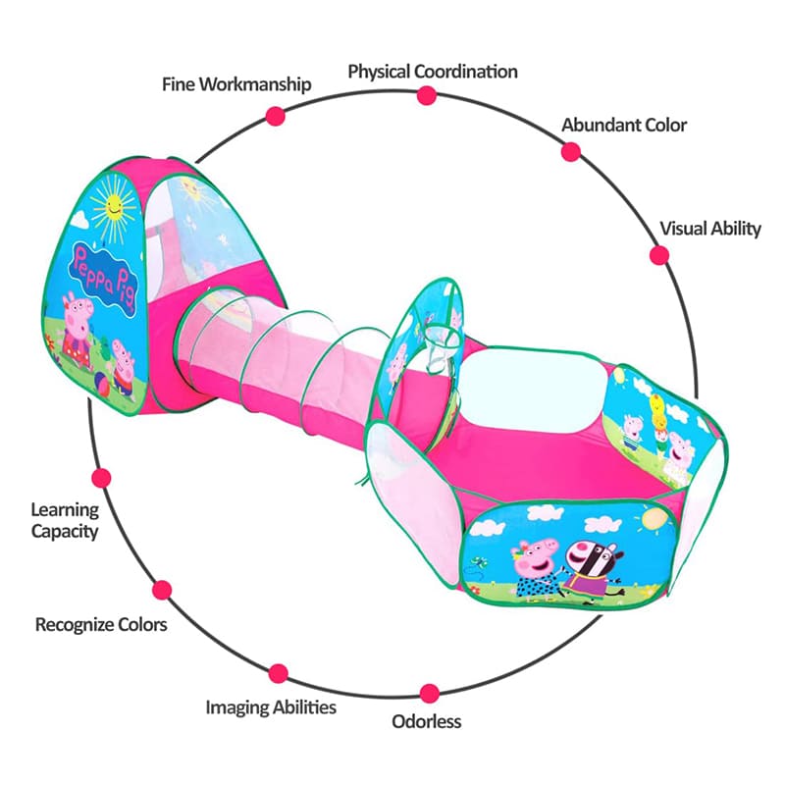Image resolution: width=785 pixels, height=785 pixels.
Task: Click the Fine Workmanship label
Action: pos(236,84)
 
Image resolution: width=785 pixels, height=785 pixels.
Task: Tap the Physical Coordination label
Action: pos(433,72)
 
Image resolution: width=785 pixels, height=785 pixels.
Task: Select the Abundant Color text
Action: pos(624,125)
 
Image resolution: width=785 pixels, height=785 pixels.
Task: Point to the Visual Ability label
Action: pos(709,229)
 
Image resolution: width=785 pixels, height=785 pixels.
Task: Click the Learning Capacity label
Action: pos(65,520)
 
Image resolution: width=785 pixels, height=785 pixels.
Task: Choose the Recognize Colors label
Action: pos(101,624)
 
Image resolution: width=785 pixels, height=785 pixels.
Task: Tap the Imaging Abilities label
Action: pos(271,706)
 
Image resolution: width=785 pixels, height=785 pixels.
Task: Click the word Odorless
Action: pos(427,721)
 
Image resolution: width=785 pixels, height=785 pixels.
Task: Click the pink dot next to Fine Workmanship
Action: pos(275,115)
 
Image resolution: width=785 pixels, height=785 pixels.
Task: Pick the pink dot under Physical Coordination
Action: pos(426,95)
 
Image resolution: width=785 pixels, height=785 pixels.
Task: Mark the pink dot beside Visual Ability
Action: pos(659,255)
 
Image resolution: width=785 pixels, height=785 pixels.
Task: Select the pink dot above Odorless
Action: pos(429,693)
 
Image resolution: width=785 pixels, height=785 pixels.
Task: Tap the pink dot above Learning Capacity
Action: pos(100,478)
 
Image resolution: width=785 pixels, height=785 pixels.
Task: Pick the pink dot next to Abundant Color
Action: pos(570,151)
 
